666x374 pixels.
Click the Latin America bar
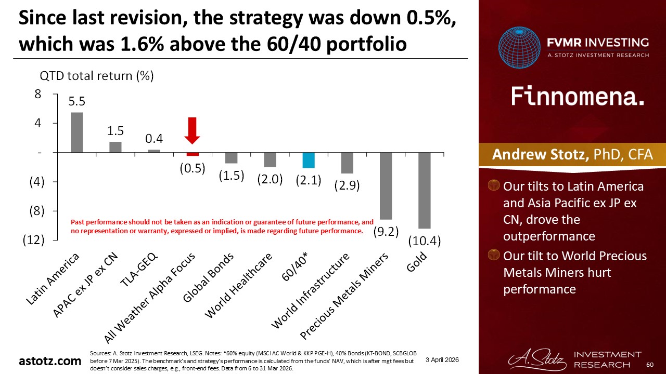pyautogui.click(x=76, y=132)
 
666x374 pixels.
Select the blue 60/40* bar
pyautogui.click(x=309, y=160)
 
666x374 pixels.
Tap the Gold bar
pyautogui.click(x=424, y=190)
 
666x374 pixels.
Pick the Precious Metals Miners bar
pyautogui.click(x=386, y=185)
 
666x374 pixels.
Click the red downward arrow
pyautogui.click(x=193, y=130)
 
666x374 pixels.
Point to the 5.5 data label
pyautogui.click(x=77, y=103)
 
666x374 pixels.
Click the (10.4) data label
pyautogui.click(x=425, y=241)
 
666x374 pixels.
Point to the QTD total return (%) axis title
pyautogui.click(x=97, y=76)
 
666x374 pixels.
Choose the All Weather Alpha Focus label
pyautogui.click(x=151, y=299)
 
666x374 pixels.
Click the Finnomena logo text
pyautogui.click(x=578, y=97)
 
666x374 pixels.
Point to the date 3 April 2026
pyautogui.click(x=442, y=359)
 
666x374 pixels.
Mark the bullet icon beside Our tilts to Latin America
pyautogui.click(x=495, y=186)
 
